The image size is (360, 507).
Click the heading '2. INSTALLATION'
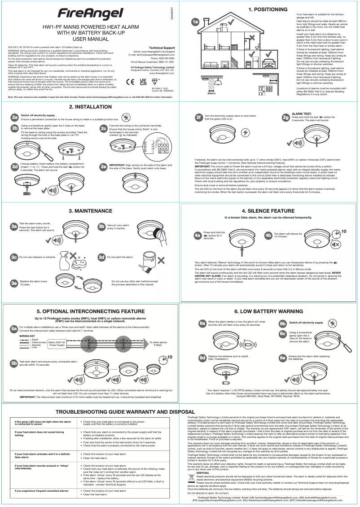click(x=90, y=107)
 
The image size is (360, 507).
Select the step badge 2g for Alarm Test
click(x=285, y=118)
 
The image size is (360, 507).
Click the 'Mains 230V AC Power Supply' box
click(x=57, y=343)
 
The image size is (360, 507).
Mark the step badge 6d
click(x=202, y=358)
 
